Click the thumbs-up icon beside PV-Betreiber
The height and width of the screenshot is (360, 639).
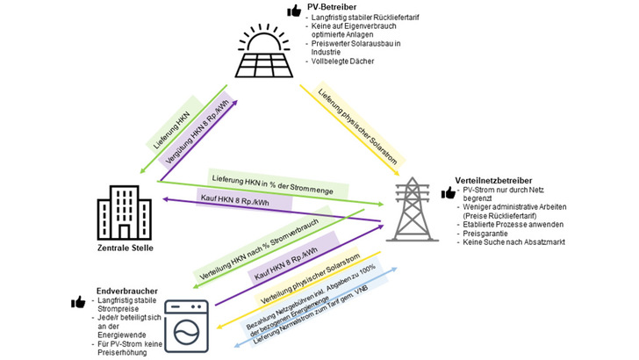[297, 11]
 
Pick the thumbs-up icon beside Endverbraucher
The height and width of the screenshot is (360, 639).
[78, 302]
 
